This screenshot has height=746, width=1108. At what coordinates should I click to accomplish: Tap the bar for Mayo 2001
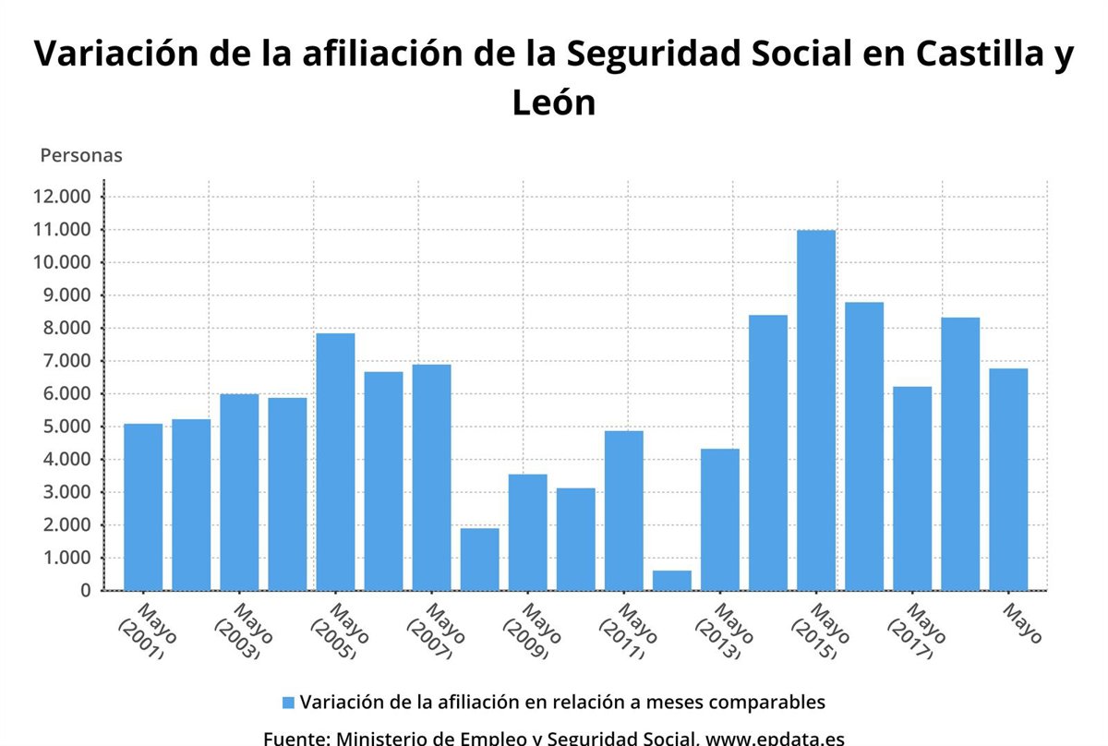pos(143,507)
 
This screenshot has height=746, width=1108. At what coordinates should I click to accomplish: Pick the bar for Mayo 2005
pos(335,462)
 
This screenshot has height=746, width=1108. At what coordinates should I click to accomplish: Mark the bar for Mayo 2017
pos(911,488)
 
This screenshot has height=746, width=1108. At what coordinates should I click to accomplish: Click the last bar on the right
pos(1007,479)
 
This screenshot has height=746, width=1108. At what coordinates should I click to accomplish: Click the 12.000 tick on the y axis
pos(62,197)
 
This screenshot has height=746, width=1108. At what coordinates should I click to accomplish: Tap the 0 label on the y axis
pos(84,591)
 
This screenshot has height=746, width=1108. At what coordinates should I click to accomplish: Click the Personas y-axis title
pos(81,155)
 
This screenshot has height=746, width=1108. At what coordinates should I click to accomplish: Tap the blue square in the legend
pos(288,703)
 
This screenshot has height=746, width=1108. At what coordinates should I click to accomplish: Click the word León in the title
pos(554,102)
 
